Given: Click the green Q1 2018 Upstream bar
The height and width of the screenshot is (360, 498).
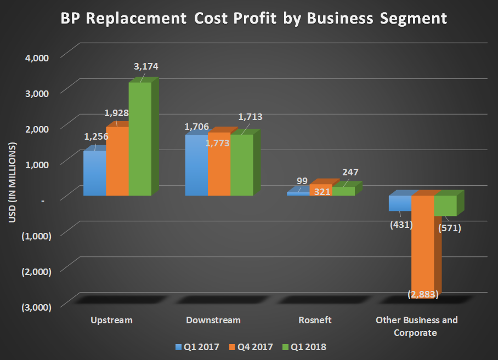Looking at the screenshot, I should click(140, 140).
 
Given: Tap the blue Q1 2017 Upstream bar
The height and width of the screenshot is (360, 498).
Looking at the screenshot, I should click(94, 174).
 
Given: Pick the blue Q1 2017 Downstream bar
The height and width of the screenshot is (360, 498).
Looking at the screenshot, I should click(196, 166).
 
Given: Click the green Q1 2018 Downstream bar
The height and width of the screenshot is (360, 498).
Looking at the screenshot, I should click(241, 165).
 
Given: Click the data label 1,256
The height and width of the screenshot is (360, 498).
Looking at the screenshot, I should click(95, 136).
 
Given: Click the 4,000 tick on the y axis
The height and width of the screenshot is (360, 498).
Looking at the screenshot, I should click(37, 57).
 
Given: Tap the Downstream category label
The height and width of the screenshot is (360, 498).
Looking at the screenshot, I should click(213, 320).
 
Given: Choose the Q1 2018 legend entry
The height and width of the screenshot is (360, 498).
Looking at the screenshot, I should click(305, 347).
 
